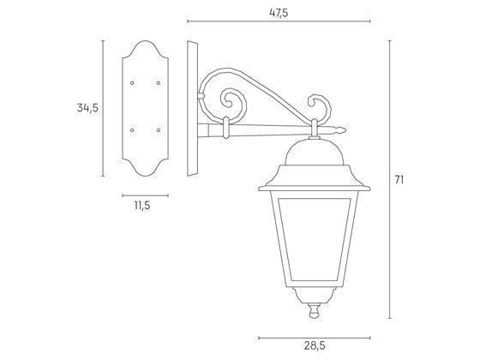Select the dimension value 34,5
(87, 108)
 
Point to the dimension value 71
(399, 180)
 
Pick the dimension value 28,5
(315, 345)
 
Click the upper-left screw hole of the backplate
(132, 83)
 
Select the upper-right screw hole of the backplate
(159, 83)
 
